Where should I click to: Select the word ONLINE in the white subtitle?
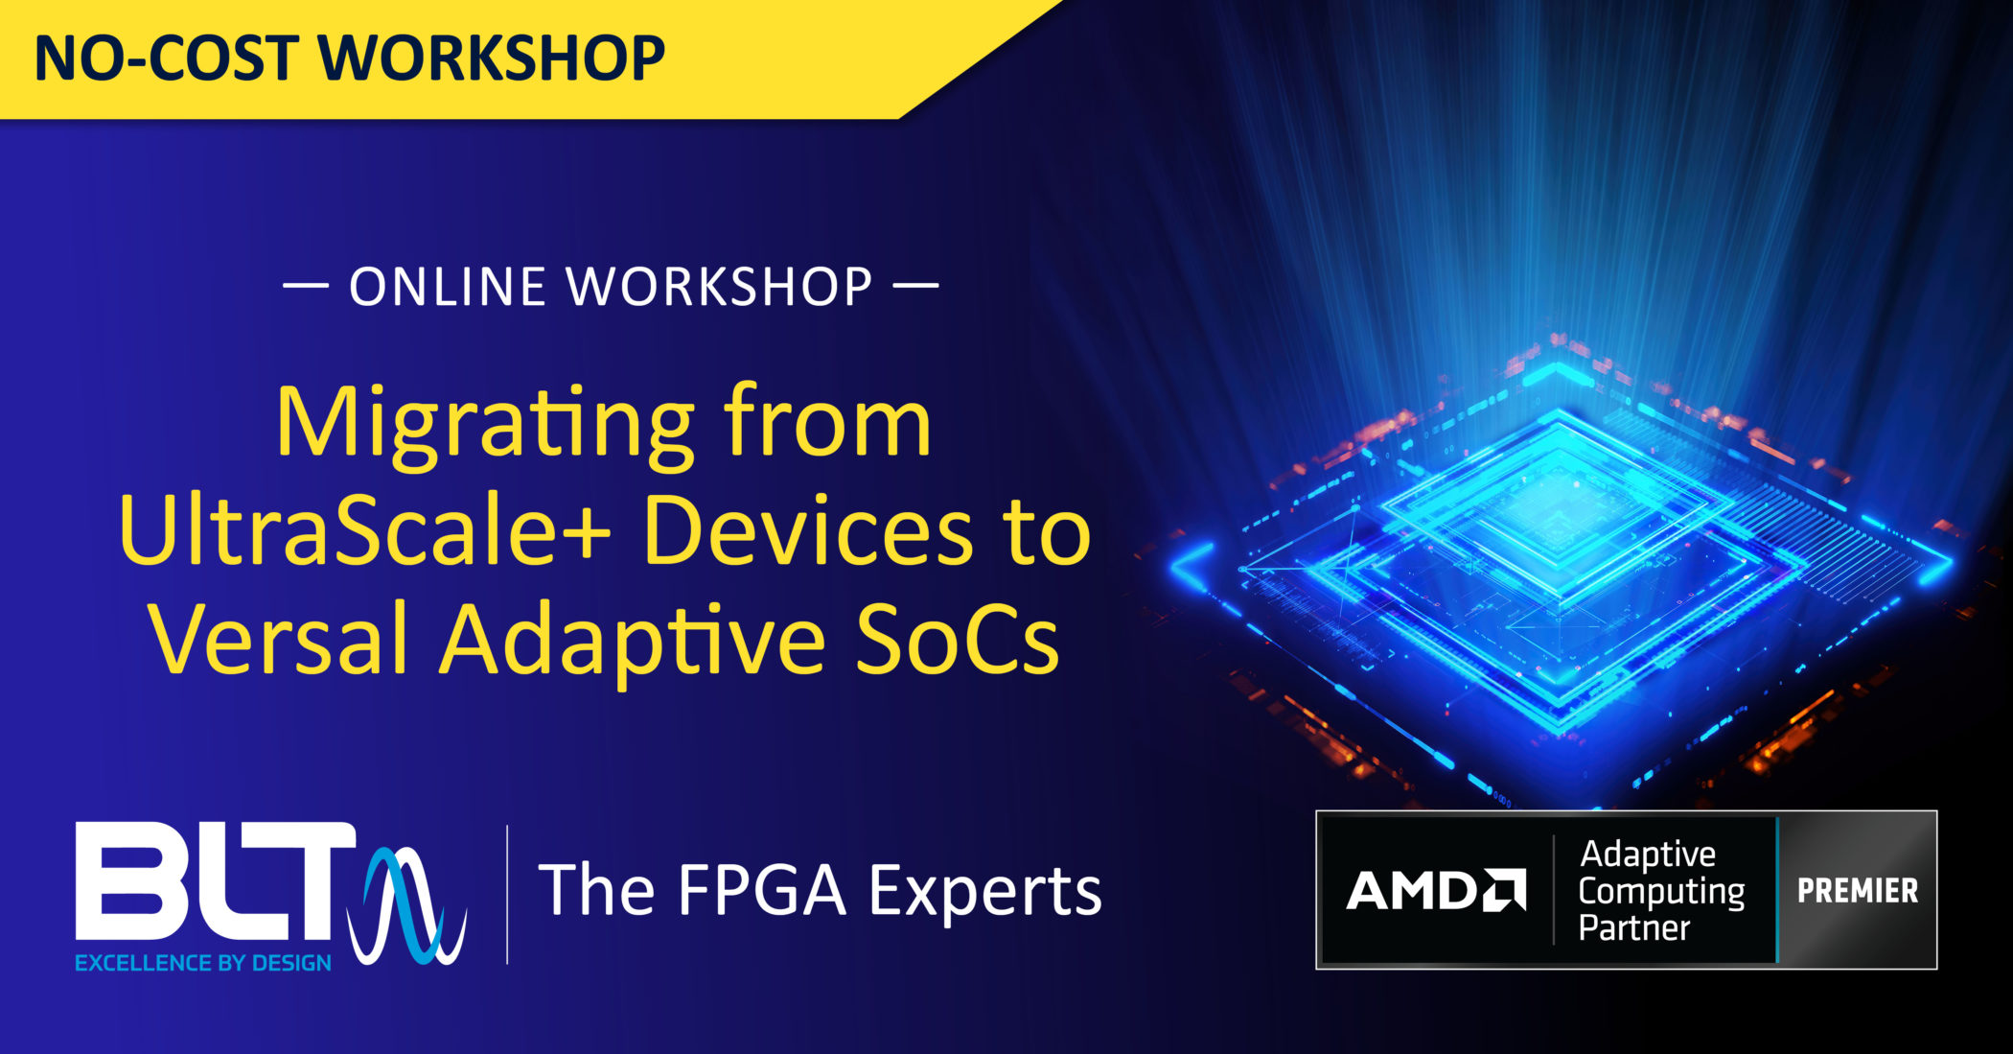pos(449,287)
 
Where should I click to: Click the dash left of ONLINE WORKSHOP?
pos(306,286)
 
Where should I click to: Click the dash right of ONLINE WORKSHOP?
pos(915,286)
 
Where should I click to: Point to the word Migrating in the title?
pos(484,425)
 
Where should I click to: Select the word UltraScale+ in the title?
pos(364,532)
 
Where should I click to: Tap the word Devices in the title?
pos(808,532)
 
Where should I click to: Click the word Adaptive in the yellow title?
pos(633,641)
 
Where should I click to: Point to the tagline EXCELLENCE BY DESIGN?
pos(203,963)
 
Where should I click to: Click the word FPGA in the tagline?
pos(762,891)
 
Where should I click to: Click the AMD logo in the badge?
pos(1435,891)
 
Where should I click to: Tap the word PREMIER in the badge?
pos(1857,891)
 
